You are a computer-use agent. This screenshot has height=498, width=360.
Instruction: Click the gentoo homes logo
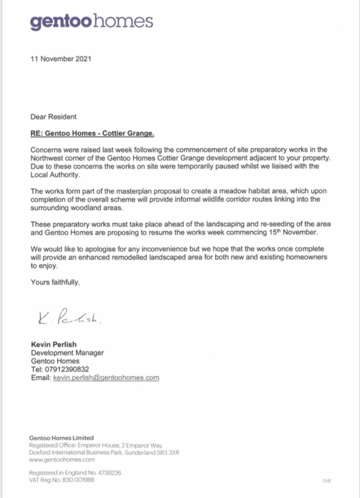click(91, 21)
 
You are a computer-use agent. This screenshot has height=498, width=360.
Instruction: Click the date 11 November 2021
click(61, 59)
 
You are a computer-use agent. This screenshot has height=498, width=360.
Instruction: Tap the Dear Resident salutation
click(54, 117)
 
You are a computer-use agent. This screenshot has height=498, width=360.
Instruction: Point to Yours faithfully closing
click(55, 282)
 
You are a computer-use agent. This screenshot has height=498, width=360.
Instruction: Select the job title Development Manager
click(67, 353)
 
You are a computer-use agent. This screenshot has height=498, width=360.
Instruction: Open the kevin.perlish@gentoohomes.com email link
click(106, 377)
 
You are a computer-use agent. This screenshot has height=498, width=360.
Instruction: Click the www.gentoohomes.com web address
click(62, 459)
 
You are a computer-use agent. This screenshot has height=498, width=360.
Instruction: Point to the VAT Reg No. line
click(62, 480)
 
